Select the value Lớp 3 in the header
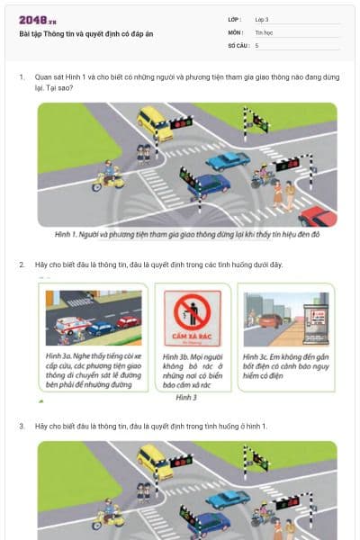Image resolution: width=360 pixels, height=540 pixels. coord(262,19)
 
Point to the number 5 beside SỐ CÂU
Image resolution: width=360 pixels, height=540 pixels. coord(257,44)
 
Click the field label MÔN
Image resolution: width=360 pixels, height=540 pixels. coord(236,31)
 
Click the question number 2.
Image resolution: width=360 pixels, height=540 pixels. coord(22,265)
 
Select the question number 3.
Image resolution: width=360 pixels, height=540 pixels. coord(22,424)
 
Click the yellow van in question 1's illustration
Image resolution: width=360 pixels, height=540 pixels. coord(154,121)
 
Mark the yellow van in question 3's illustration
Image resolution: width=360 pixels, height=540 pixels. coord(154,461)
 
